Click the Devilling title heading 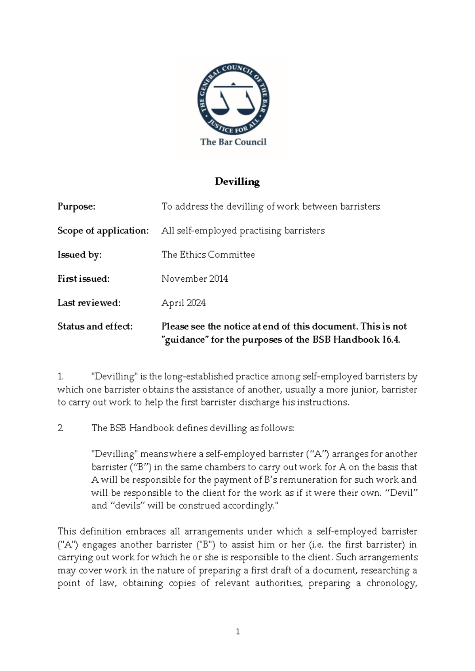point(237,182)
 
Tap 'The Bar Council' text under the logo point(233,142)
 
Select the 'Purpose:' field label point(76,207)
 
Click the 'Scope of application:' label point(103,231)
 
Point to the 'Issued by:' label point(80,255)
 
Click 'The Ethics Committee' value point(208,255)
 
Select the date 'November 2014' point(195,279)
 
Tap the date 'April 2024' point(183,303)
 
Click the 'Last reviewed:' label point(89,303)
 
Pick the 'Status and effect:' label point(95,326)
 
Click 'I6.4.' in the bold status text point(391,340)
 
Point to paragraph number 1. point(60,377)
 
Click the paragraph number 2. point(60,428)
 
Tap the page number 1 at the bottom point(237,632)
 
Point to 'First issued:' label point(83,279)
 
